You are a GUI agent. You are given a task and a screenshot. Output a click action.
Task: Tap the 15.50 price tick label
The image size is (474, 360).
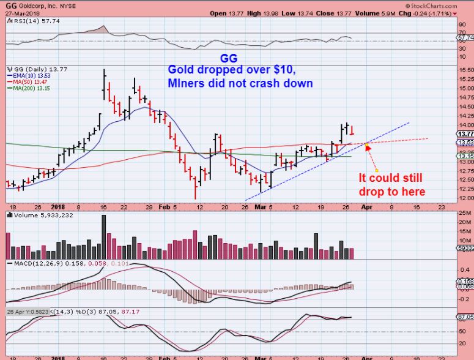465,70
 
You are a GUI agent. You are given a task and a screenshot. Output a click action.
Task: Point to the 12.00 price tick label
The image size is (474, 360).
465,198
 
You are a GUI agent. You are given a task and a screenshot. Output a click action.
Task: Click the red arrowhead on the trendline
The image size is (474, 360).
368,148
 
